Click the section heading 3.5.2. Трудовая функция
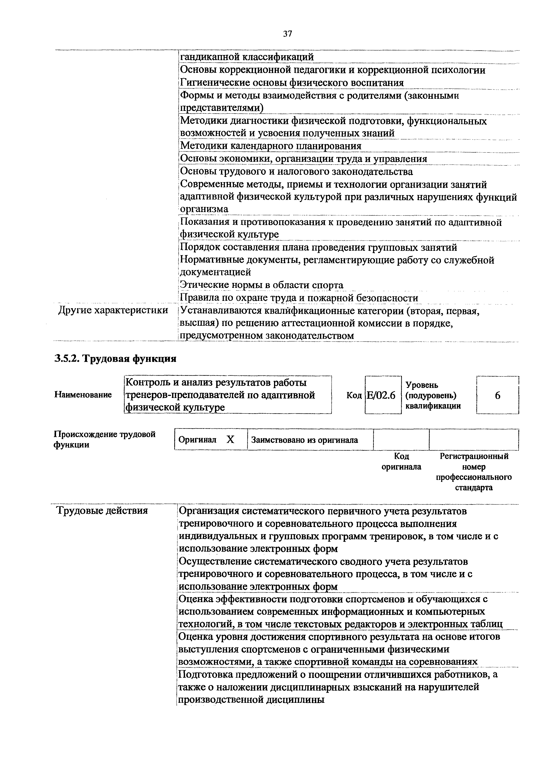pos(115,358)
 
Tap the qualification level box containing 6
pos(497,395)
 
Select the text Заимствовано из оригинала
pos(304,440)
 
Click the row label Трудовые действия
pos(102,511)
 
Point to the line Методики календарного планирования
pos(270,146)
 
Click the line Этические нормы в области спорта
pos(261,285)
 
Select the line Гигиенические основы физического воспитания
pos(292,83)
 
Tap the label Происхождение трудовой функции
pos(105,439)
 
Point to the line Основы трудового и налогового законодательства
pos(296,172)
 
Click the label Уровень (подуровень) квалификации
pos(433,395)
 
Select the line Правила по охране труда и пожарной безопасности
pos(299,298)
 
